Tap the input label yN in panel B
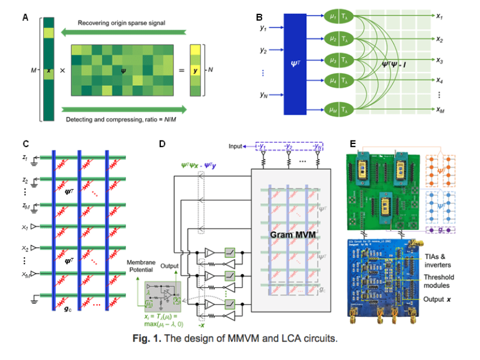263,94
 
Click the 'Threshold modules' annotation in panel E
439,281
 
